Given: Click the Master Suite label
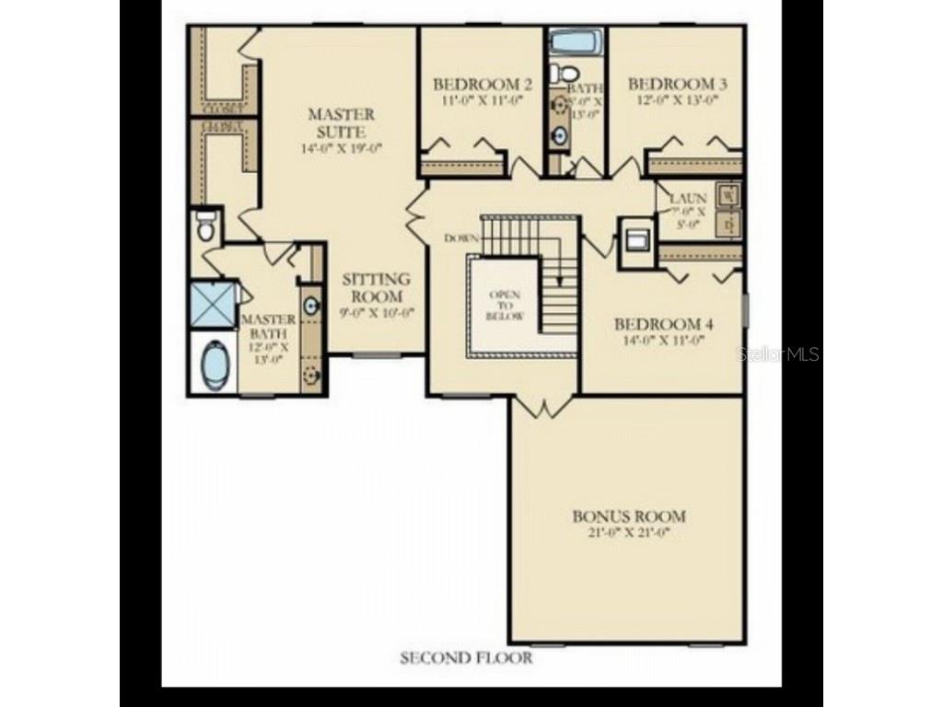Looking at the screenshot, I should [x=341, y=122].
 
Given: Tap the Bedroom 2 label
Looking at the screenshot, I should [x=478, y=85].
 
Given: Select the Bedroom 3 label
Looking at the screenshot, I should [x=678, y=84].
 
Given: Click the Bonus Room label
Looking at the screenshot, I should [x=629, y=516].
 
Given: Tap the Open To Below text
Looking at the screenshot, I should [x=506, y=306].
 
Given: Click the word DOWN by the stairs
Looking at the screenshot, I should [x=461, y=238].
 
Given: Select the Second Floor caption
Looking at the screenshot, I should [x=466, y=657].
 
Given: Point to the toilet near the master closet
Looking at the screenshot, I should [x=205, y=224].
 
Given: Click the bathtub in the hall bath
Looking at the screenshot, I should [x=576, y=42].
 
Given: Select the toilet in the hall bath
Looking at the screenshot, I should [x=568, y=72].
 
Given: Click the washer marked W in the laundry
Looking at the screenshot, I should [x=728, y=195].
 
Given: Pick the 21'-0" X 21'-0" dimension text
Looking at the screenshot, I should [x=629, y=533].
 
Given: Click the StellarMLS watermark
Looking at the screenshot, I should [x=782, y=354].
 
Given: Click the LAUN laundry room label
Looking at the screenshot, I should [x=687, y=197].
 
